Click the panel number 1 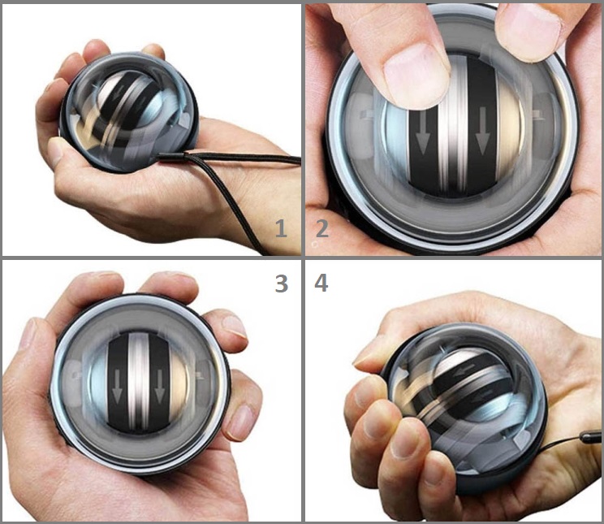281,228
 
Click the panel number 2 321,228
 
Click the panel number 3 281,284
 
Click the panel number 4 321,284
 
